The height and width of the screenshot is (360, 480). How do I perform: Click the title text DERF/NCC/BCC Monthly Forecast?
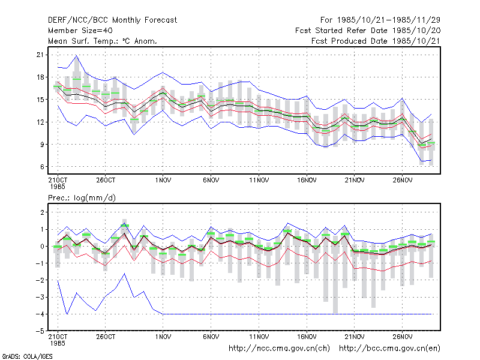pos(112,20)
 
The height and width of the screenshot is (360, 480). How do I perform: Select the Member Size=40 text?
pos(80,31)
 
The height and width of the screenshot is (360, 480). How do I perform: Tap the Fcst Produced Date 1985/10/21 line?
pos(376,41)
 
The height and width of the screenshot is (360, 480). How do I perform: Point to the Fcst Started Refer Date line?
pos(368,31)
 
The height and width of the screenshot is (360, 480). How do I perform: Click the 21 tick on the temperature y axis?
pos(40,55)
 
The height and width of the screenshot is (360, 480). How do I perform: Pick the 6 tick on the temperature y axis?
pos(42,167)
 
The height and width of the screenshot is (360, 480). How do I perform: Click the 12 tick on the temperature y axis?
pos(40,122)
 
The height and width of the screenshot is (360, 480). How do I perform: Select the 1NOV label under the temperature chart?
pos(163,181)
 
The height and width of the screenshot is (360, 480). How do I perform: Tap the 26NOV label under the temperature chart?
pos(403,181)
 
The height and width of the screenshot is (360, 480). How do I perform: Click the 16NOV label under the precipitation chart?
pos(307,337)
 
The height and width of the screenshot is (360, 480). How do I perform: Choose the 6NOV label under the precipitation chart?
pos(211,337)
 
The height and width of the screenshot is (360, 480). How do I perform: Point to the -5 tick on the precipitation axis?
pos(40,331)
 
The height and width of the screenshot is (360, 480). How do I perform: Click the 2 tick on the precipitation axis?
pos(42,212)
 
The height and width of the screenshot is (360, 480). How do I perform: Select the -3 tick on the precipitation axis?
pos(40,297)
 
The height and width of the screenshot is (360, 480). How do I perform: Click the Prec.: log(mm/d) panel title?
pos(82,198)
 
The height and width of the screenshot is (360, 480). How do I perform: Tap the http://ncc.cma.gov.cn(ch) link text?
pos(279,349)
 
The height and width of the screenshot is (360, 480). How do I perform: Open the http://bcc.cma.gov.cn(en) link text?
pos(389,349)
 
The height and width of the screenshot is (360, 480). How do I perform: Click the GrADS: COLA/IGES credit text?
pos(28,356)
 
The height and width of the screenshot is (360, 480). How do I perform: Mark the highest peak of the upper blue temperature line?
pos(77,55)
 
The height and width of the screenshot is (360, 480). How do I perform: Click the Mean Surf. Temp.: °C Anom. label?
pos(103,41)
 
